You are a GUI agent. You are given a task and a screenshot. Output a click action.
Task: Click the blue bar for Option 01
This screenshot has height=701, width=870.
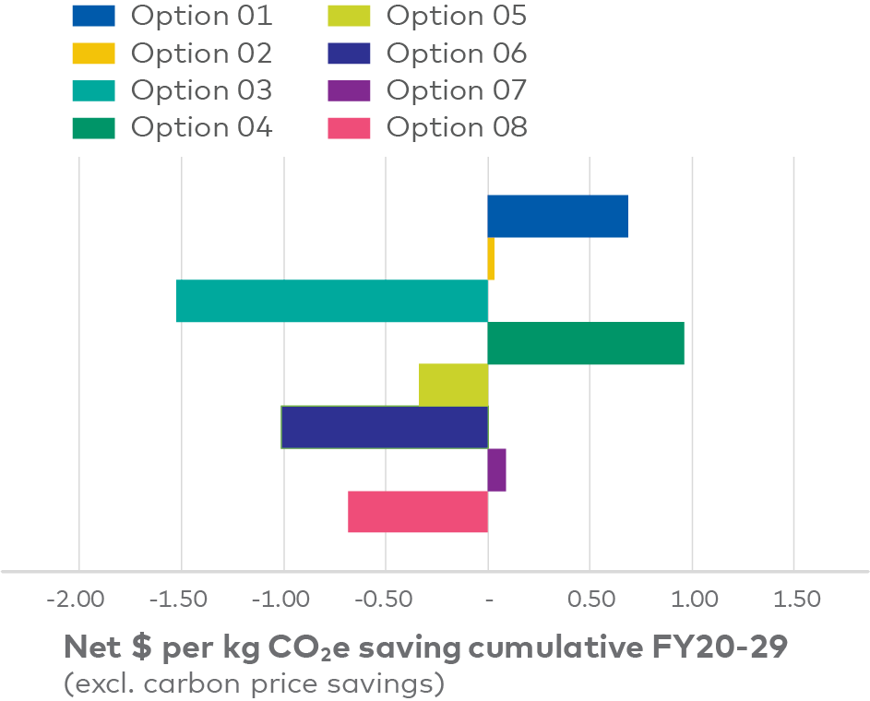(x=557, y=216)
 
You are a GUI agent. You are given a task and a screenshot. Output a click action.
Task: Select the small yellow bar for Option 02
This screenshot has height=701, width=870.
(x=491, y=259)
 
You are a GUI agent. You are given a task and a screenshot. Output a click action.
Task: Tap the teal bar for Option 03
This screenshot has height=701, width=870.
(x=332, y=301)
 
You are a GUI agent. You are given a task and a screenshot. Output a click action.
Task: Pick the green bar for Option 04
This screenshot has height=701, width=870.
(x=586, y=343)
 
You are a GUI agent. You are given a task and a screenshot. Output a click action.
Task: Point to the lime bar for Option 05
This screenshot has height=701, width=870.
(x=453, y=385)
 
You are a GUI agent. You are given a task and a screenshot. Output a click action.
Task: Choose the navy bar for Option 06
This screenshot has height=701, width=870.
(x=385, y=427)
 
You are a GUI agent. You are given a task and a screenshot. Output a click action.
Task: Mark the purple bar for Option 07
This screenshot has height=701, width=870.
(x=497, y=469)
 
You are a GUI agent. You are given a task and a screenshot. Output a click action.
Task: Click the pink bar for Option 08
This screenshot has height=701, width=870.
(x=418, y=512)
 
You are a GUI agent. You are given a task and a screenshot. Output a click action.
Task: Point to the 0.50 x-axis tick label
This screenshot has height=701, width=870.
(x=590, y=600)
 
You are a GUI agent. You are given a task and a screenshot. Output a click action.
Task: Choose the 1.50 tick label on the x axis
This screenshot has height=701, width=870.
(x=794, y=600)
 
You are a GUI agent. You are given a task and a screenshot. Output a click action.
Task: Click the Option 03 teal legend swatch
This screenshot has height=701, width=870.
(x=93, y=90)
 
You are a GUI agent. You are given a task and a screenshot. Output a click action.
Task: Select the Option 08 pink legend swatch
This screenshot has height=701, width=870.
(x=349, y=127)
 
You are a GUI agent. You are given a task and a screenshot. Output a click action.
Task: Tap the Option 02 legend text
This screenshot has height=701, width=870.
(x=201, y=53)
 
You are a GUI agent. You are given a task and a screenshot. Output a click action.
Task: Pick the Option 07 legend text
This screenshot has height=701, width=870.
(x=457, y=90)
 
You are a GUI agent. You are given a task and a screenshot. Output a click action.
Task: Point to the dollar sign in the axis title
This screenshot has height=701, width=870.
(x=142, y=648)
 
